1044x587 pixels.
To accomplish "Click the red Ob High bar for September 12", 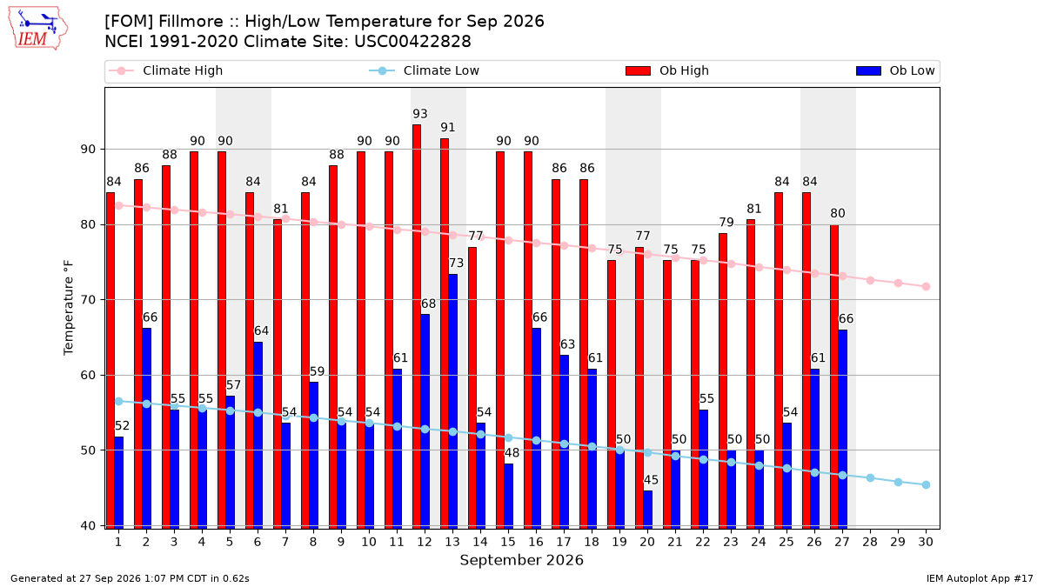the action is pos(417,327).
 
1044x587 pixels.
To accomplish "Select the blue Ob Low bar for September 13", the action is pos(452,402).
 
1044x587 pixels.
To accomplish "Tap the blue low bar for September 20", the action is pos(647,510).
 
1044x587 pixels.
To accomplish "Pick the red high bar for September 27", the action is pos(834,377).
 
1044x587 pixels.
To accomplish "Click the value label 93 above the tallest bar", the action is pos(420,114).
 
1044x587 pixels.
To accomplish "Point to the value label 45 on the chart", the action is pos(651,480).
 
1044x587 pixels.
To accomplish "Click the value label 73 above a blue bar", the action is pos(456,263).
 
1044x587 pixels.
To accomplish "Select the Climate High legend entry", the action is pos(166,70).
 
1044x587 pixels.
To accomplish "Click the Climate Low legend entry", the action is pos(425,70).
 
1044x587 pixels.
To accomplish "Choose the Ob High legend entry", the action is pos(667,70).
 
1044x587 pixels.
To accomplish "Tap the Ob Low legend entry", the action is pos(895,70).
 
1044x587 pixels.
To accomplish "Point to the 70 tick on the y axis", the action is pos(88,299).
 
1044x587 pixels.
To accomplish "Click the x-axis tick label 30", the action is pos(926,542).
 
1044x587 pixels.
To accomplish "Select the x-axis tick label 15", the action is pos(508,542).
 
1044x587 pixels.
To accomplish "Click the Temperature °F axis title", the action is pos(69,308).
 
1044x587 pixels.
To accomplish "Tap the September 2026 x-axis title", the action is pos(521,560).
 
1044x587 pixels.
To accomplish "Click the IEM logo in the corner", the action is pos(37,29).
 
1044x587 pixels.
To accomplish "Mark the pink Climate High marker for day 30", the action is pos(926,286).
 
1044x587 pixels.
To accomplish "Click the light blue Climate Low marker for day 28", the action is pos(870,478).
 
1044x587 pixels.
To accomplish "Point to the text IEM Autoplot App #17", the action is pos(980,578).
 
